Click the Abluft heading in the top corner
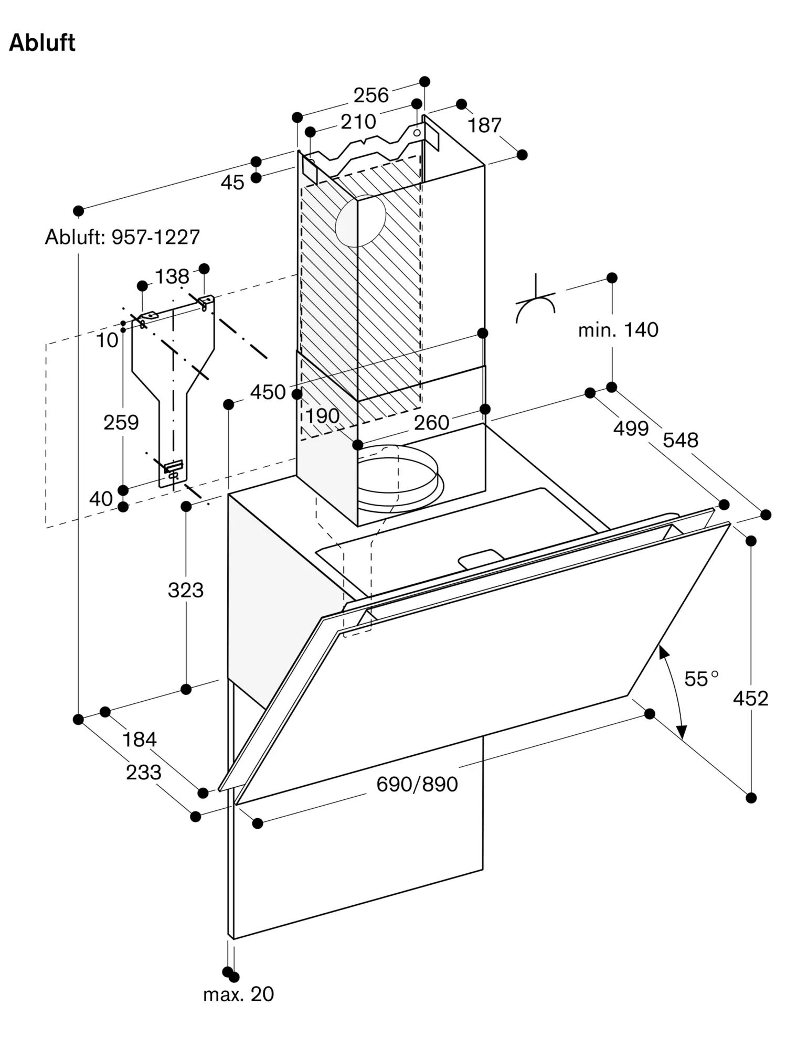42,43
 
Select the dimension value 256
371,95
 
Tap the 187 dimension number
484,125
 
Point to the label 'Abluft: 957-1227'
122,237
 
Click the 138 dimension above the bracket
172,276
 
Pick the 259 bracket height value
121,422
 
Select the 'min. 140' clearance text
618,330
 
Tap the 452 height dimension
750,698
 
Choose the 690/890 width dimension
417,784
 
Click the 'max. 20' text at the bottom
239,994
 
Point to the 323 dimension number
186,590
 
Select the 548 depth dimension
681,440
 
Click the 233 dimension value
144,772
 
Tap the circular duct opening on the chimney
360,221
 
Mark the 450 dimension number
268,392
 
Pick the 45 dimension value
232,183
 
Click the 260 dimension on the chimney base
431,423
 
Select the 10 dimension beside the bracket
107,340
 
